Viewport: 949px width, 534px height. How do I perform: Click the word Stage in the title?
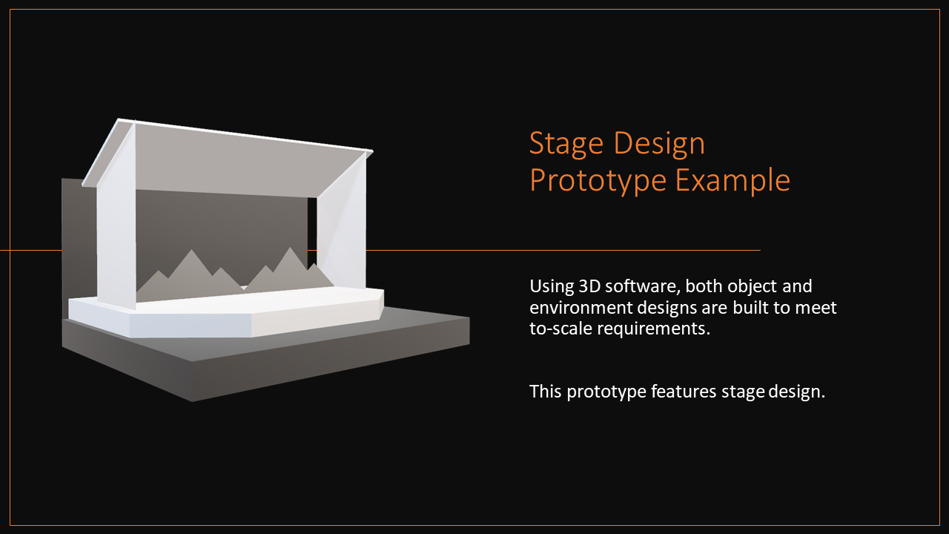coord(566,144)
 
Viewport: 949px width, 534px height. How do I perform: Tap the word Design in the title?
coord(659,144)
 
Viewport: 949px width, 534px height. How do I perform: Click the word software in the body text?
coord(641,286)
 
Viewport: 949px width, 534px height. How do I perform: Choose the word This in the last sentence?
coord(546,392)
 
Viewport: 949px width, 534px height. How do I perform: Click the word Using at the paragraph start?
coord(551,287)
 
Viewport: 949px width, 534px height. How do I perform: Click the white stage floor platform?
coord(227,312)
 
